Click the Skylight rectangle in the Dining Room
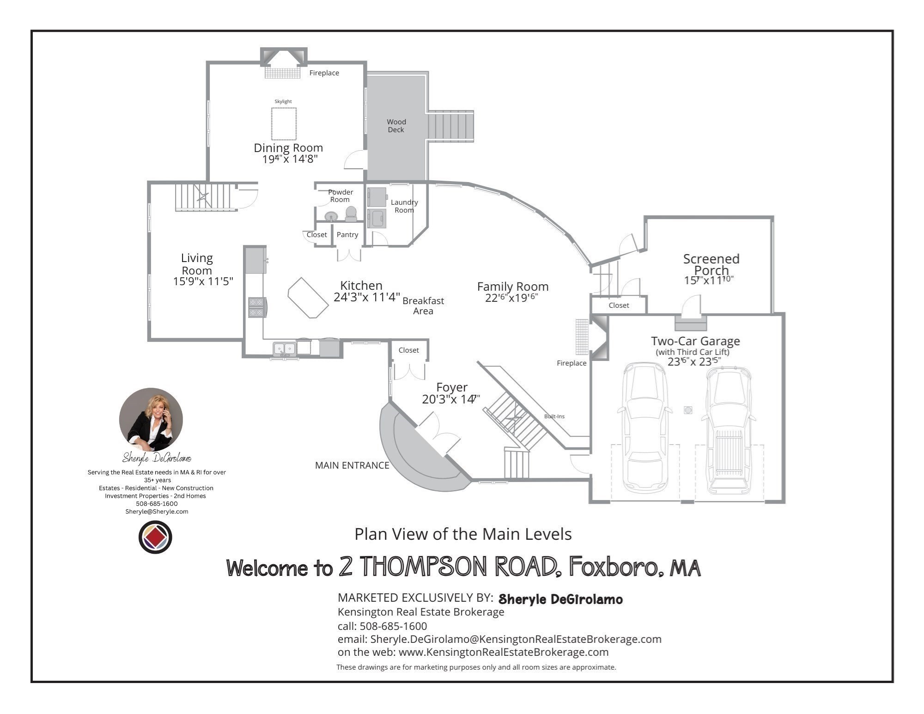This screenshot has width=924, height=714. point(284,124)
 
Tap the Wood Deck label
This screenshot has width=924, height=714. point(396,126)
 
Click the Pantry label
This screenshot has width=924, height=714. point(347,235)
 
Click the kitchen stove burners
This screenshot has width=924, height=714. point(257,307)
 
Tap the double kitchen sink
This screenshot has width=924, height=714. point(284,348)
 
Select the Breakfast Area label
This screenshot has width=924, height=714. point(423,305)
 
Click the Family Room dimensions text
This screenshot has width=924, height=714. point(511,298)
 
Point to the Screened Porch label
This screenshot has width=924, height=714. point(711,264)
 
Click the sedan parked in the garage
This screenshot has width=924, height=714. point(644,427)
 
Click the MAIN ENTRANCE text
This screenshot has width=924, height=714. point(352,465)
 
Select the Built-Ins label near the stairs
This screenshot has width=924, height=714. point(554,416)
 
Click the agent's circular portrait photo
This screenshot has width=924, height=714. point(151,420)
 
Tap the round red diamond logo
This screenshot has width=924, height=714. point(155,537)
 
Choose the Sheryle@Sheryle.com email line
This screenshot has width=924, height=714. point(157,512)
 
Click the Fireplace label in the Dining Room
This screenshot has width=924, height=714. point(324,73)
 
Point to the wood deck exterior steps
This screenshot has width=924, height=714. point(450,125)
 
